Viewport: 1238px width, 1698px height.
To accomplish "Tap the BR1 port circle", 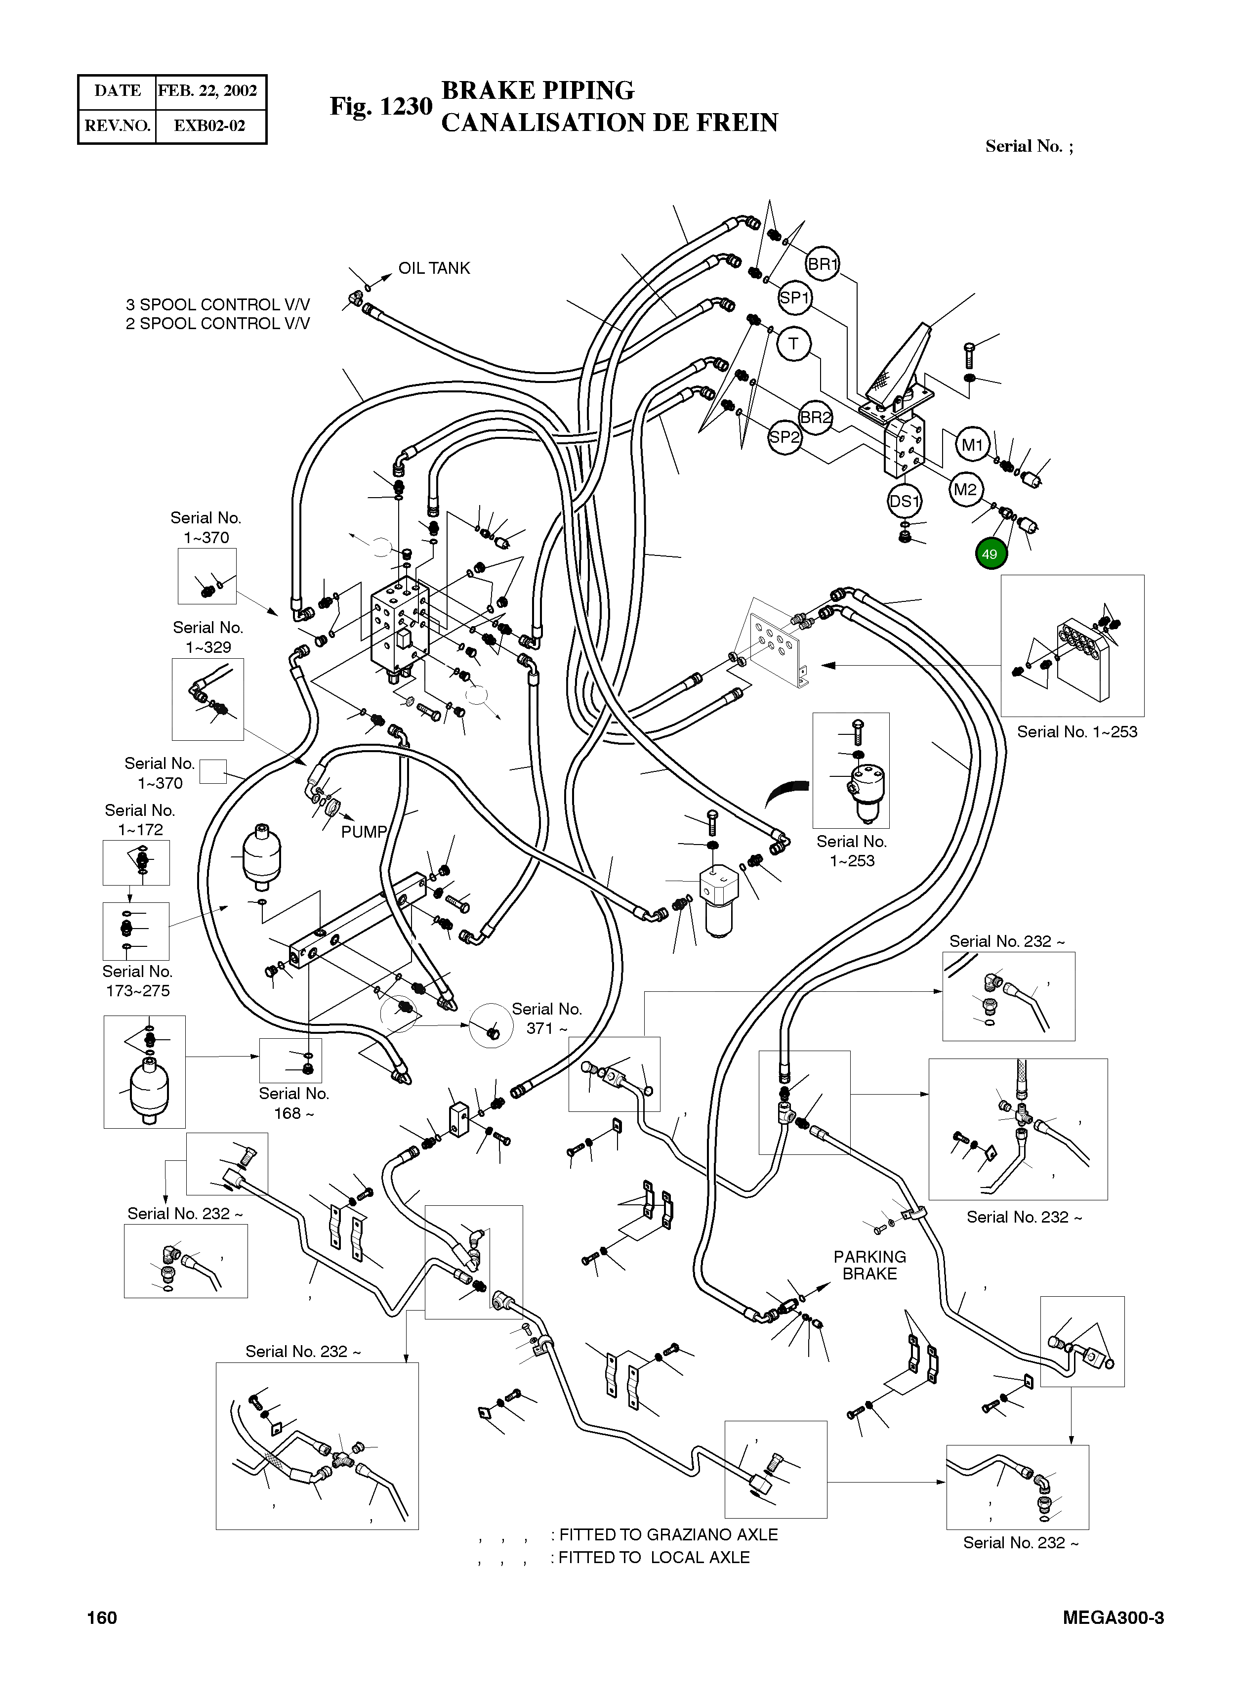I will [822, 264].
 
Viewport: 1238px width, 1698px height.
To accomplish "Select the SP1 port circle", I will [794, 297].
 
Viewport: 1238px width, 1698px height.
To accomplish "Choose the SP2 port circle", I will [784, 436].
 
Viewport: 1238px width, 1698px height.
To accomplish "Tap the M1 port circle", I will [972, 445].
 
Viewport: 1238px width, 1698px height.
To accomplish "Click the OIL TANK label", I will [434, 268].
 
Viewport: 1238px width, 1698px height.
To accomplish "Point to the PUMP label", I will [364, 832].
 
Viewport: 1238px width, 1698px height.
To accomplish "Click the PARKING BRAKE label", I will [869, 1265].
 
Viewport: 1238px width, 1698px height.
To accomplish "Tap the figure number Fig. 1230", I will [381, 106].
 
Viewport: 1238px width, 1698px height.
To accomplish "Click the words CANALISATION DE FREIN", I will [609, 122].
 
